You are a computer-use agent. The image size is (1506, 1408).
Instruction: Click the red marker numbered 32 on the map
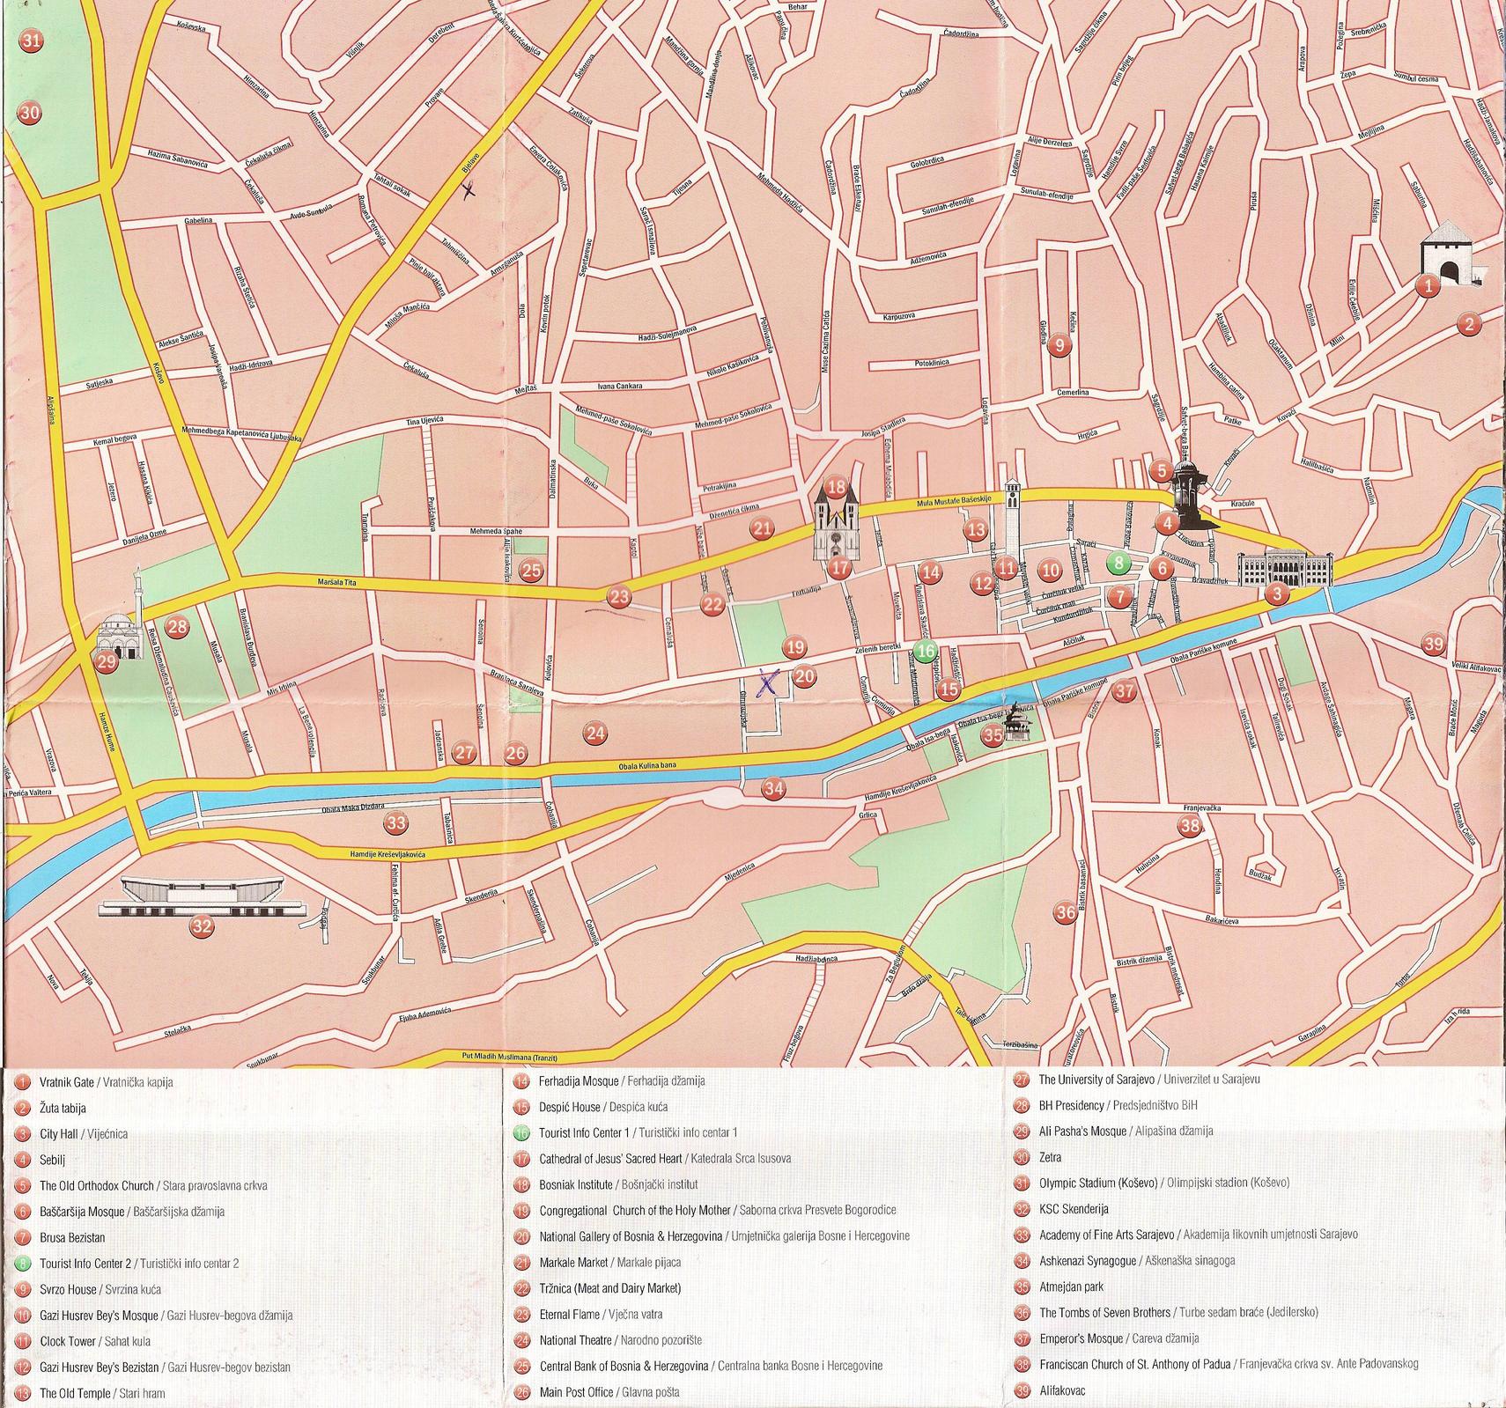click(x=203, y=925)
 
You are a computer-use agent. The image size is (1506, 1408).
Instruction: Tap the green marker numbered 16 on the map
click(x=924, y=652)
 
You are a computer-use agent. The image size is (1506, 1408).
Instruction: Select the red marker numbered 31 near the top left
click(x=33, y=41)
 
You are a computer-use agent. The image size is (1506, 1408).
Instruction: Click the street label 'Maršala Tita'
click(x=339, y=583)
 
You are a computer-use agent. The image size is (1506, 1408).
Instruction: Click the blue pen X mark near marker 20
click(x=770, y=682)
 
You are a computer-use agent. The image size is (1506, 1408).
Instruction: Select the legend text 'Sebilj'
click(x=53, y=1161)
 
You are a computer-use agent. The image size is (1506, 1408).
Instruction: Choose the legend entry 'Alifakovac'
click(x=1061, y=1390)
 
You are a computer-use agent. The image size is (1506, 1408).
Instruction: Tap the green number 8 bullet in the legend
click(x=22, y=1264)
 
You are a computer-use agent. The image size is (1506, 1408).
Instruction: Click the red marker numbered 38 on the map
click(x=1190, y=825)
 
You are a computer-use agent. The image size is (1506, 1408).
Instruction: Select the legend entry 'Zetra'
click(x=1050, y=1158)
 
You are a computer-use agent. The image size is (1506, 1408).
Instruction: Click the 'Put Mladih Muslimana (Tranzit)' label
click(x=510, y=1058)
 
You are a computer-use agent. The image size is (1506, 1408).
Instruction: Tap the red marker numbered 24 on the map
click(x=595, y=733)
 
